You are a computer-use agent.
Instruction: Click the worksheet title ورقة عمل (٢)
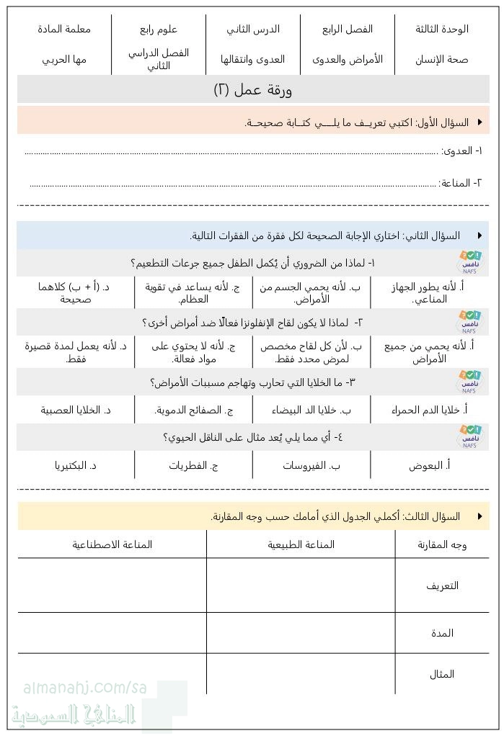(x=252, y=89)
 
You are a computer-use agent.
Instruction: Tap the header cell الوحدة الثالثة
(x=441, y=29)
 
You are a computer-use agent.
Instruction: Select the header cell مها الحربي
(x=64, y=59)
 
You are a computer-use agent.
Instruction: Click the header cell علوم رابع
(x=159, y=29)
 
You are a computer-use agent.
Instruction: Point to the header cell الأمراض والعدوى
(x=348, y=59)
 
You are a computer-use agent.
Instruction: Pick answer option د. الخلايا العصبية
(x=76, y=410)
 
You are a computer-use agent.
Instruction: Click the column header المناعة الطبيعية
(x=301, y=544)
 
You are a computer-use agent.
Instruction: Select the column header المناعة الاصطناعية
(x=112, y=544)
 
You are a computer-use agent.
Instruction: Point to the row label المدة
(x=442, y=633)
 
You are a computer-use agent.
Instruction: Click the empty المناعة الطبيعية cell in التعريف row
(x=301, y=585)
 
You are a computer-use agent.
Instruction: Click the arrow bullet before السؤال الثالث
(x=479, y=516)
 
